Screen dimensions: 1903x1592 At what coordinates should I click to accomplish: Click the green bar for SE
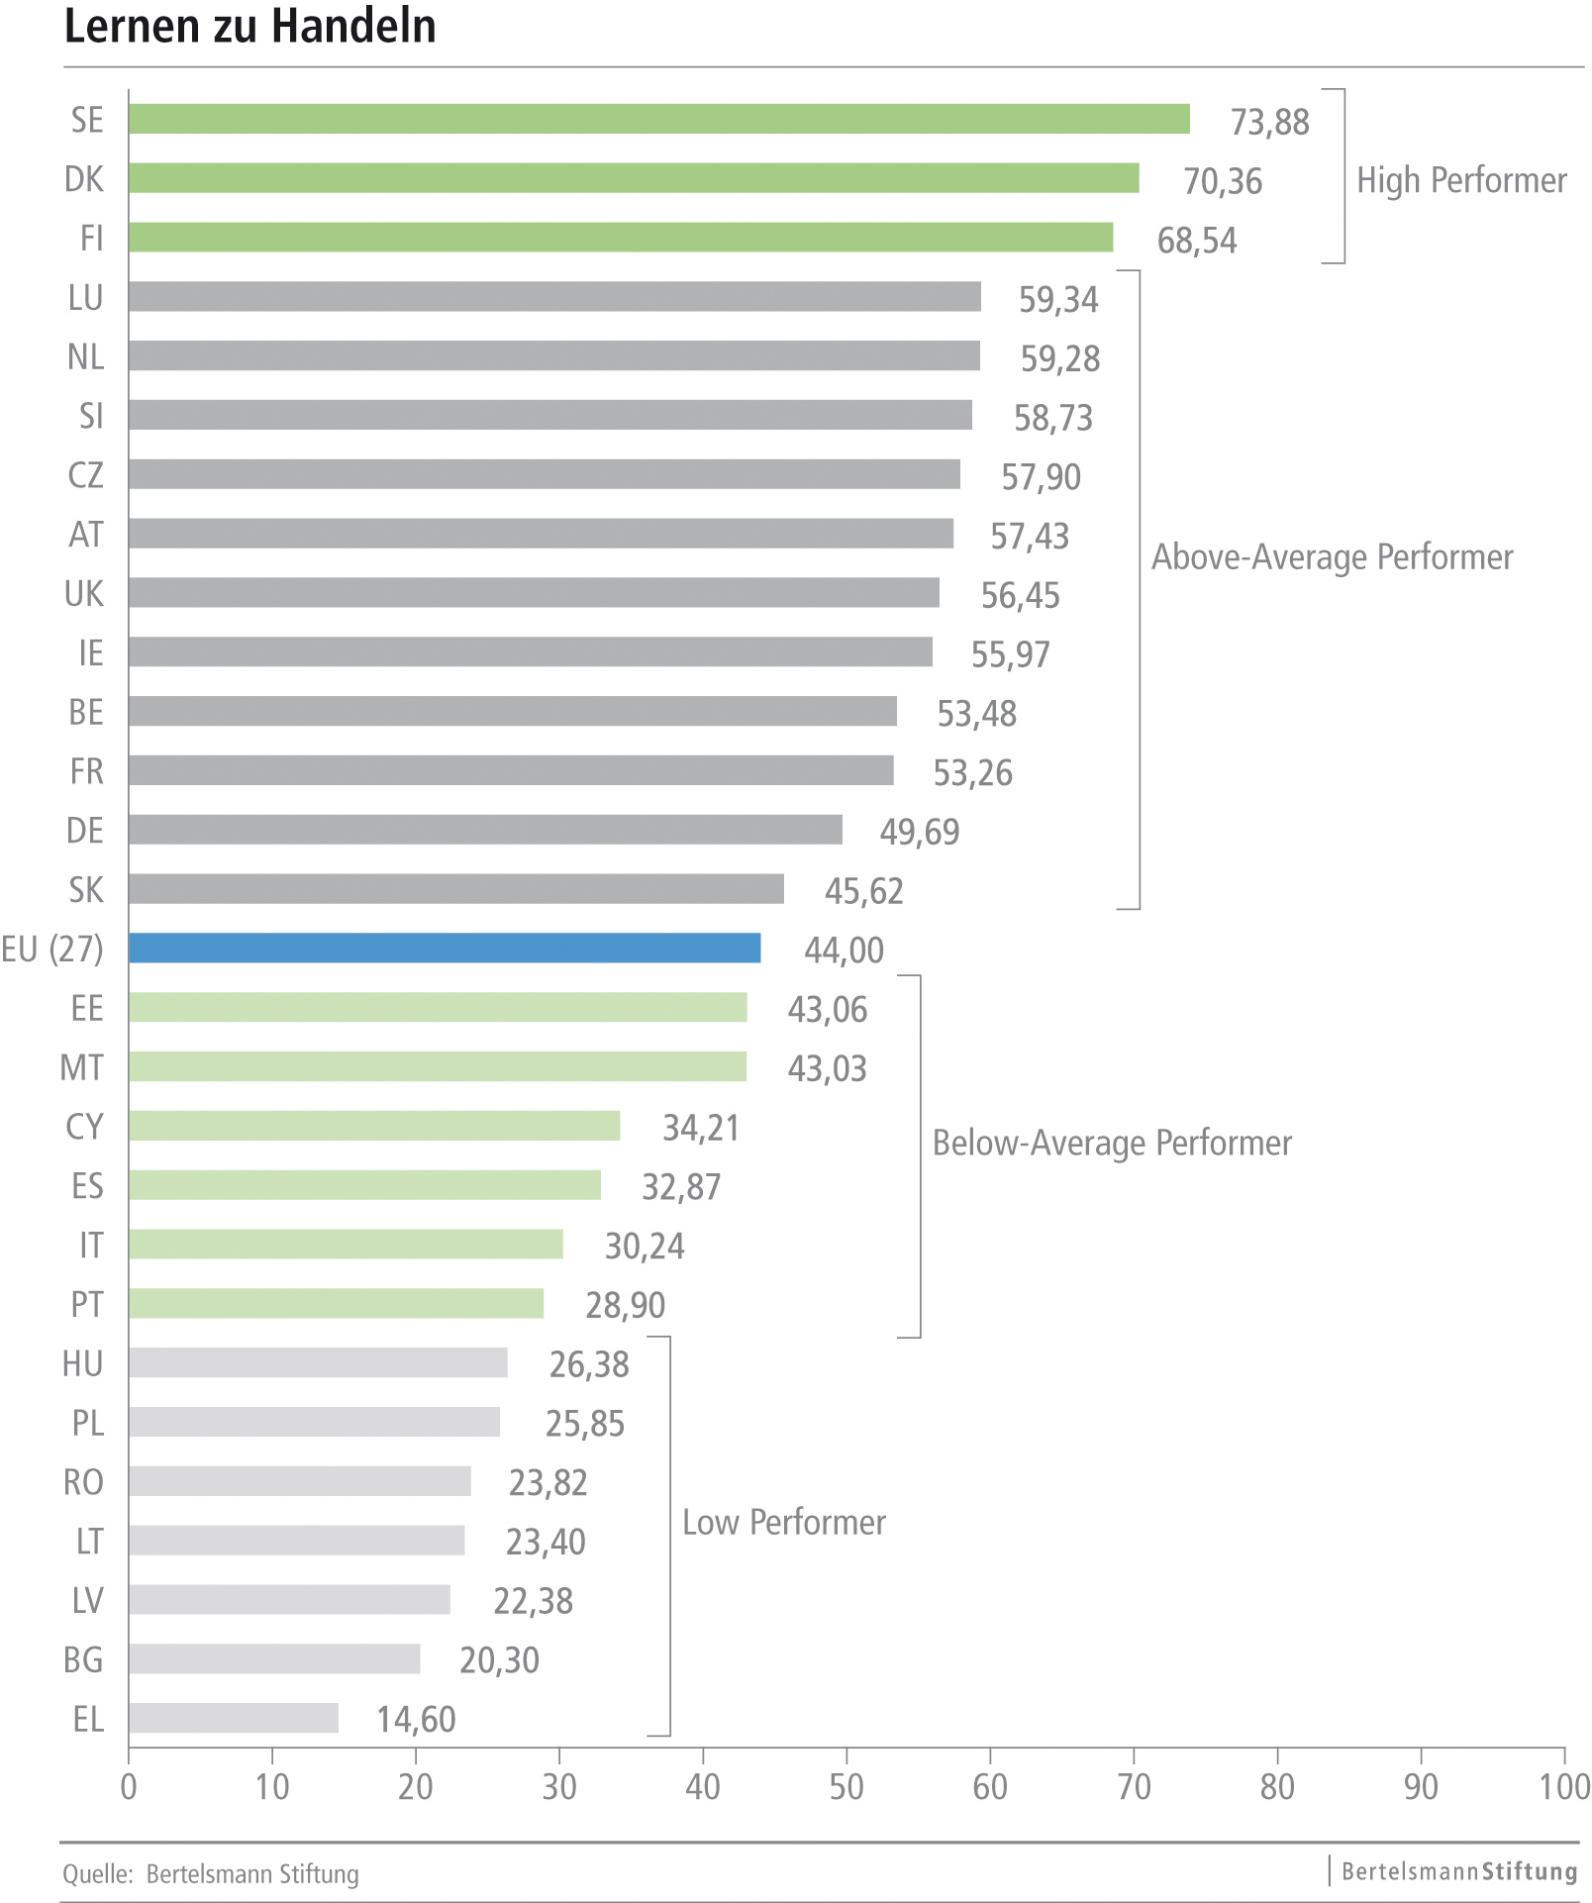point(658,119)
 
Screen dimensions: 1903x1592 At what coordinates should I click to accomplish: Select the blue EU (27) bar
point(445,948)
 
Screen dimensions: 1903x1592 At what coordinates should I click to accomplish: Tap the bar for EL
point(234,1718)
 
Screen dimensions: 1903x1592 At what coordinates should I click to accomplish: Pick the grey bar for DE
point(485,830)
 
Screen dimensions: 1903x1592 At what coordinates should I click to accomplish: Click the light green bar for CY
point(374,1126)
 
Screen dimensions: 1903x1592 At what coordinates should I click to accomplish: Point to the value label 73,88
point(1269,122)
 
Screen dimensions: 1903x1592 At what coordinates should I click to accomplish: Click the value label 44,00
point(844,951)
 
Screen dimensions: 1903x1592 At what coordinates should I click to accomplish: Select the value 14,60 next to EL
point(416,1720)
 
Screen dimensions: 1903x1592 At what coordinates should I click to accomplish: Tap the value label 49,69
point(919,832)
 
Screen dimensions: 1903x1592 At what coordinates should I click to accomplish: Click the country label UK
point(84,594)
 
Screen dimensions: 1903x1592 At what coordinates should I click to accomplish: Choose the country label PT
point(87,1304)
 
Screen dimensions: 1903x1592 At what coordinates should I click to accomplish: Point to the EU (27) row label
point(52,949)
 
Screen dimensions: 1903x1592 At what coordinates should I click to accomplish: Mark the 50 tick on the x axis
point(846,1787)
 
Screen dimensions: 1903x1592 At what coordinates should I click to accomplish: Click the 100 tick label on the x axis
point(1563,1787)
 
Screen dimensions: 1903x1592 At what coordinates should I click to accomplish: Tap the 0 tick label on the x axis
point(129,1787)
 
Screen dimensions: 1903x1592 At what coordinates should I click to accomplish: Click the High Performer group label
point(1461,180)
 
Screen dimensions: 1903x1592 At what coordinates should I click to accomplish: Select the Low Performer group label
point(784,1522)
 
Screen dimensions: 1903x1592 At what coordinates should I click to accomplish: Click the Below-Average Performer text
point(1112,1143)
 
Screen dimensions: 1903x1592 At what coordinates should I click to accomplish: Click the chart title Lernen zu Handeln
point(249,27)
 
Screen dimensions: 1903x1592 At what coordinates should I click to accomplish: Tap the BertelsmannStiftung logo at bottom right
point(1459,1871)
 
